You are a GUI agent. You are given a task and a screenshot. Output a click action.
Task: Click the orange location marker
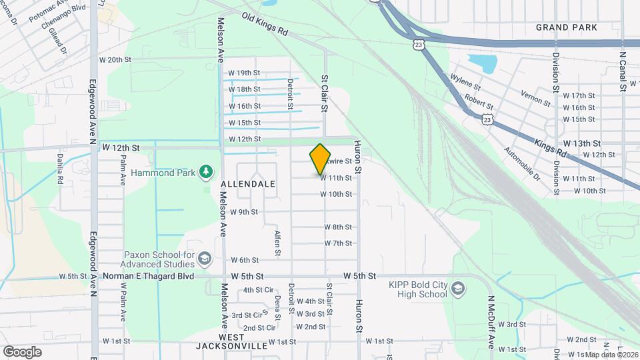pos(321,159)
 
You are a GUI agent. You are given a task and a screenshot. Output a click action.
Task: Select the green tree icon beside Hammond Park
pos(207,172)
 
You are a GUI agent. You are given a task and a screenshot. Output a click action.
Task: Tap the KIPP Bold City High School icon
pos(457,289)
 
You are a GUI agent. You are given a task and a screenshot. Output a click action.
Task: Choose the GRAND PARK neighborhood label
pos(567,27)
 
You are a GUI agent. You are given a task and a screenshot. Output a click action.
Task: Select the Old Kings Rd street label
pos(264,23)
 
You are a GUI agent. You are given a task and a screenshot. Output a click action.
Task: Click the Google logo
pos(22,351)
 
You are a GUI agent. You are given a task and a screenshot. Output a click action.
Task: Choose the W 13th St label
pos(582,143)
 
